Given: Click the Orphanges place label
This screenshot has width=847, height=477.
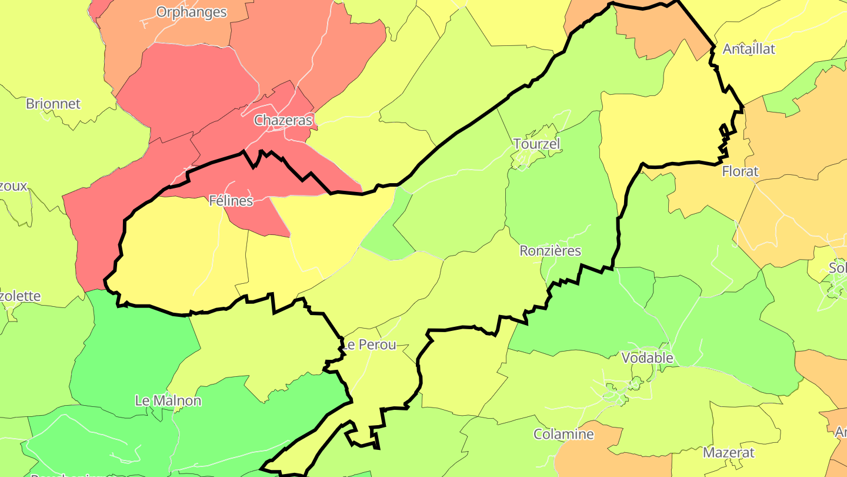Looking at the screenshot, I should point(191,12).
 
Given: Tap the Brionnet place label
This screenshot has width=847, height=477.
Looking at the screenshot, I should point(53,104).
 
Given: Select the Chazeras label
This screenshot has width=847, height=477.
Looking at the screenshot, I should point(283,121).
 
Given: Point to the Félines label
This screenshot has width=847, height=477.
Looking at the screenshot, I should point(231,201).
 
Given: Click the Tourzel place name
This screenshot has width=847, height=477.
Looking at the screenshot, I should point(536,144).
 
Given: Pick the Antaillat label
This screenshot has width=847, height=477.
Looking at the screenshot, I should point(749,49).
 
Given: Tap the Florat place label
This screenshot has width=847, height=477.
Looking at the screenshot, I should point(740,172).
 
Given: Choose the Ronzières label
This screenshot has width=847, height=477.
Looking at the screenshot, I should point(550,251).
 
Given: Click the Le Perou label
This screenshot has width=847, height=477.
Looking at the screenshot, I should point(369,344).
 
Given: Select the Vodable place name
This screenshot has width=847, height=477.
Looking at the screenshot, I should point(647,358).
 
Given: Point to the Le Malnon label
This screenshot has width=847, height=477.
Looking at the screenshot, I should point(168,401).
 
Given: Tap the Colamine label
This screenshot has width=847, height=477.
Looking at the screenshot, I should point(563,435).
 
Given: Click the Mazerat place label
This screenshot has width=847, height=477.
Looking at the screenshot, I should point(729,453).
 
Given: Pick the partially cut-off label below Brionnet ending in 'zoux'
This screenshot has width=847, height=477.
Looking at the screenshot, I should point(13,187).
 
